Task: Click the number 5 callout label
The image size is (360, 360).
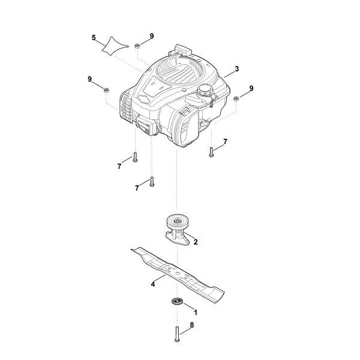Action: tap(94, 38)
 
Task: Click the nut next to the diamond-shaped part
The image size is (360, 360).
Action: tap(137, 46)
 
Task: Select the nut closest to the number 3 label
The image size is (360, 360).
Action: tap(236, 98)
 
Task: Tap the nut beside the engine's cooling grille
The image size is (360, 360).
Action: tap(106, 90)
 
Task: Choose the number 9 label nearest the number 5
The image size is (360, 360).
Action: tap(152, 36)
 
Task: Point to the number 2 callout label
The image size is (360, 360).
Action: tap(196, 242)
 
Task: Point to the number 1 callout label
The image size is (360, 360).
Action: tap(195, 312)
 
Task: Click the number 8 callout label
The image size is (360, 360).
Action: tap(191, 325)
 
